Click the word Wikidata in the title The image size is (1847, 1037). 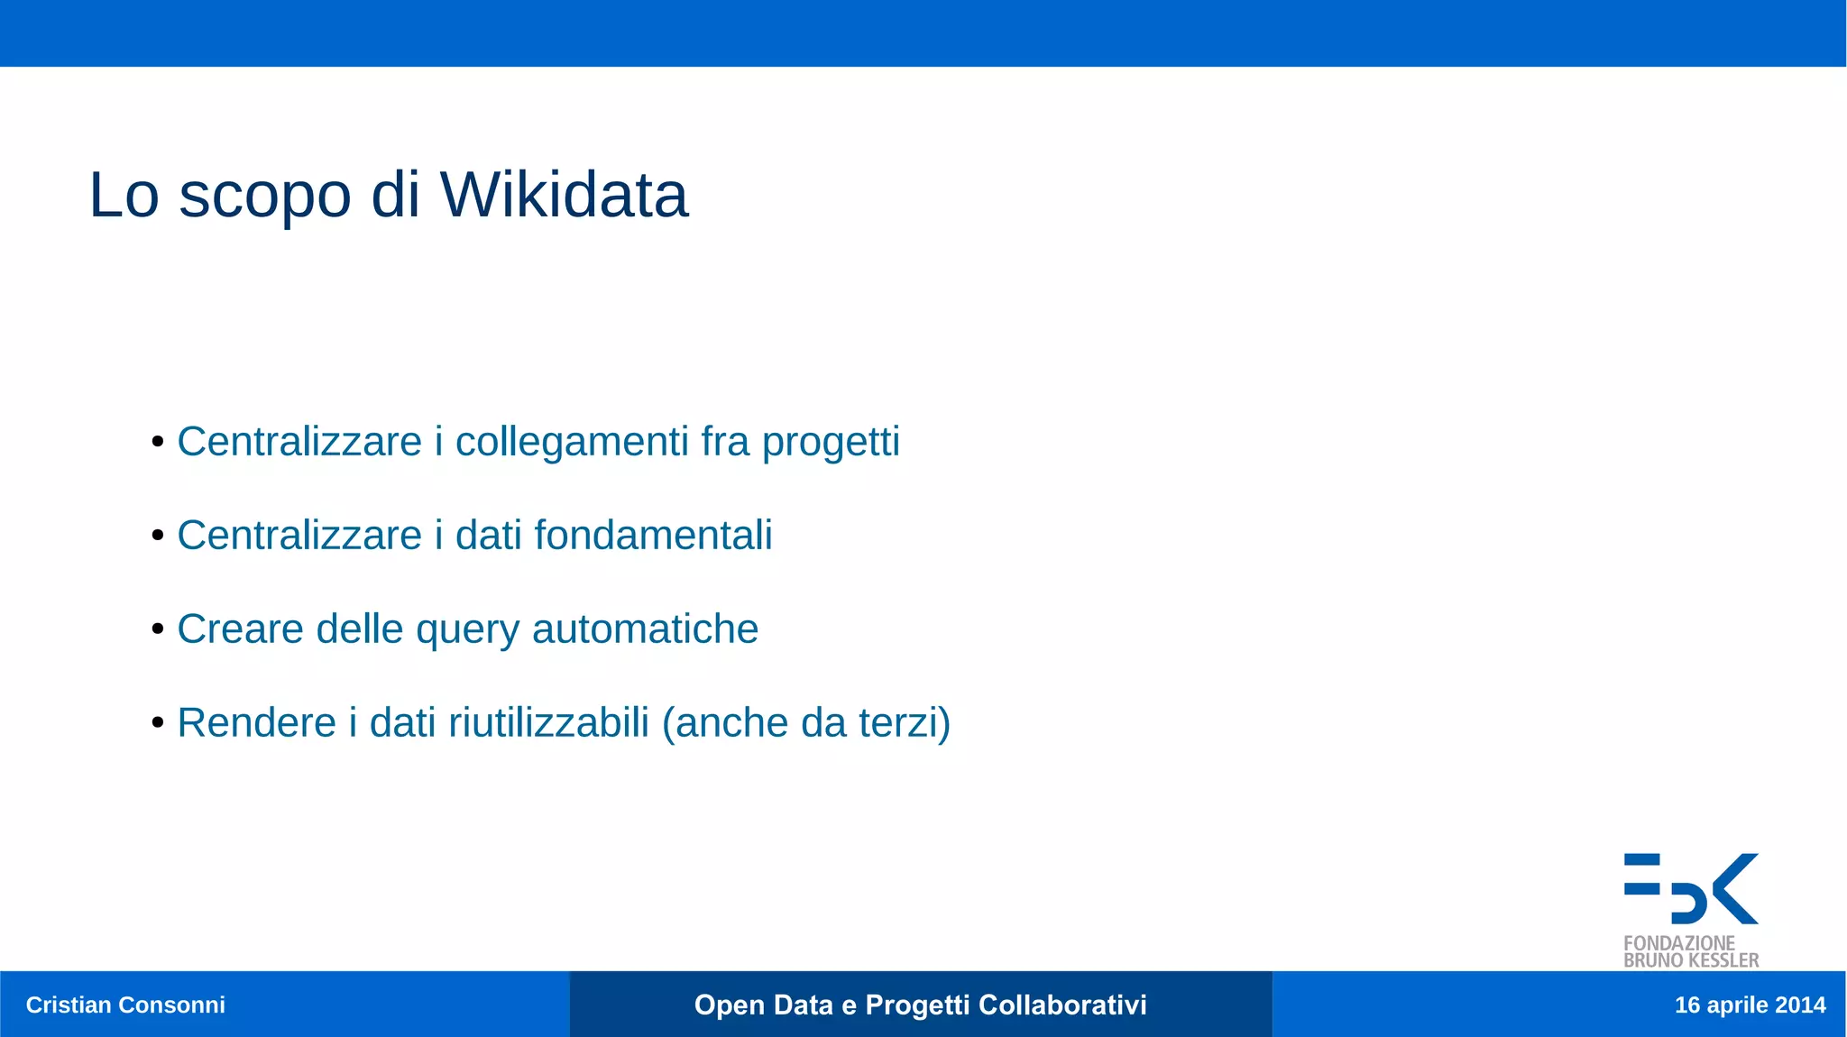pyautogui.click(x=564, y=195)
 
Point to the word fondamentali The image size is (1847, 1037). pyautogui.click(x=653, y=536)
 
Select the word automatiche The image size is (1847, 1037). pyautogui.click(x=645, y=629)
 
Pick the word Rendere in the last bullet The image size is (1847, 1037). pyautogui.click(x=256, y=723)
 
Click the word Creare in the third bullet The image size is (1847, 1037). pyautogui.click(x=240, y=629)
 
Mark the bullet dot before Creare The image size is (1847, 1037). pyautogui.click(x=158, y=629)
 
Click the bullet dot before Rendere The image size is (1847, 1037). pyautogui.click(x=158, y=722)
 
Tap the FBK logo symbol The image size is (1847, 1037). pyautogui.click(x=1691, y=889)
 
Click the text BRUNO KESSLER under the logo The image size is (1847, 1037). pyautogui.click(x=1691, y=961)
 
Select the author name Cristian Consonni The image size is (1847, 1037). pyautogui.click(x=125, y=1005)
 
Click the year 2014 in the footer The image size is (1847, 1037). pyautogui.click(x=1800, y=1005)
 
